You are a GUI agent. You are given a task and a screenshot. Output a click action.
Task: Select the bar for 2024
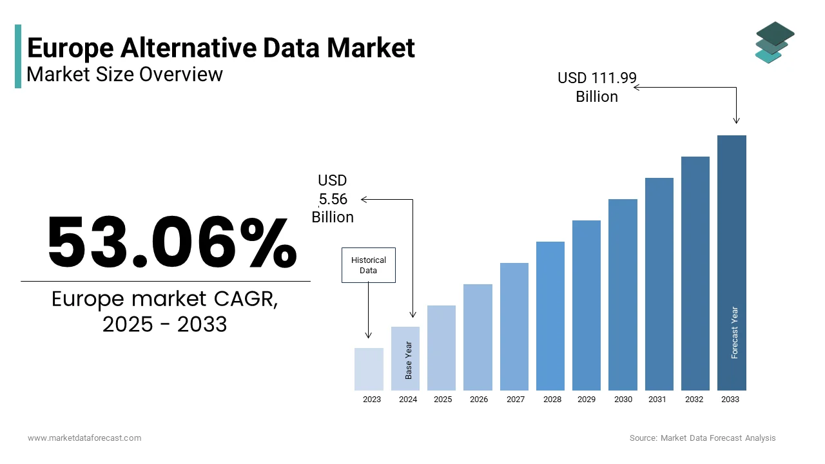405,358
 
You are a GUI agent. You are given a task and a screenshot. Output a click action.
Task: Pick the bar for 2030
623,295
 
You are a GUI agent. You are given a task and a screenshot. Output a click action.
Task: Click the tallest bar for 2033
732,262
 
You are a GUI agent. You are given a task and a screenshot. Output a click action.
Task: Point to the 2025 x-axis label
443,400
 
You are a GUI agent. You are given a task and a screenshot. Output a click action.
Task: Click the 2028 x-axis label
552,400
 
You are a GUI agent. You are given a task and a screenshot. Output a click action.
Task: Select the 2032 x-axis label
694,400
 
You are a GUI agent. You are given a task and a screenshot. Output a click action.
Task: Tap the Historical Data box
368,265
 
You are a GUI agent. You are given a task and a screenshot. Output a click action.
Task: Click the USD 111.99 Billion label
597,87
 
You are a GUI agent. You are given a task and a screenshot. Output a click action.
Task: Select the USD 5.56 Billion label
333,198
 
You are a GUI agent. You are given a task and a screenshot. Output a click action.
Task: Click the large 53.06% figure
171,243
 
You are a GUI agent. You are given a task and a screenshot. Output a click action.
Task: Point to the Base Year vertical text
409,360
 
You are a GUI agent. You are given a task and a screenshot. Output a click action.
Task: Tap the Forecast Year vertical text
734,333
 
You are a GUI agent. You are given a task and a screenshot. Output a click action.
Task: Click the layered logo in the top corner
774,43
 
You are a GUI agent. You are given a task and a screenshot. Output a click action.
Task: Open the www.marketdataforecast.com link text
84,438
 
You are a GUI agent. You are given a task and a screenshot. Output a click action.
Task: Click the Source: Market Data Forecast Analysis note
703,438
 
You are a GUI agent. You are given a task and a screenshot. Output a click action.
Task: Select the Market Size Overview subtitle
124,75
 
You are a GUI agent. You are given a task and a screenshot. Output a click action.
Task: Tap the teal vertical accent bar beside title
18,56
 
